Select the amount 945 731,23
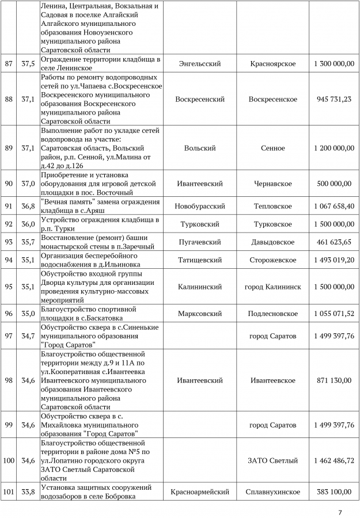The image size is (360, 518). pyautogui.click(x=334, y=100)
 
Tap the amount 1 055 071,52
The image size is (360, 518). pyautogui.click(x=334, y=314)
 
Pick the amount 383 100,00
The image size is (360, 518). pyautogui.click(x=334, y=492)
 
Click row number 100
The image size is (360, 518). pyautogui.click(x=9, y=461)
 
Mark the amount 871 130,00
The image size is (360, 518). pyautogui.click(x=334, y=381)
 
